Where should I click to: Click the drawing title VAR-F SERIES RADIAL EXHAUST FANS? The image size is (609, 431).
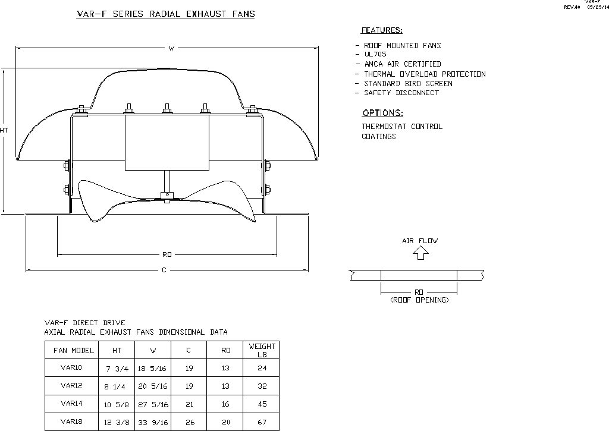(166, 14)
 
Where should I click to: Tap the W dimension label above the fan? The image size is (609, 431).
(171, 48)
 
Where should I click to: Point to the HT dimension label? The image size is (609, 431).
(4, 130)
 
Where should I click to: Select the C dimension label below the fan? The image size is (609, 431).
(164, 270)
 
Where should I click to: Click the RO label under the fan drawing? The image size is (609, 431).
(167, 254)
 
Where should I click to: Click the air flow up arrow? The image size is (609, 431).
(420, 253)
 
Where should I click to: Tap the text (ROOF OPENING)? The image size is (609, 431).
(419, 300)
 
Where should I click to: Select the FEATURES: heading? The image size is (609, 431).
(382, 30)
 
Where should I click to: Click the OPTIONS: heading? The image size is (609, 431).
(382, 113)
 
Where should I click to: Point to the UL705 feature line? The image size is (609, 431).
(375, 54)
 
